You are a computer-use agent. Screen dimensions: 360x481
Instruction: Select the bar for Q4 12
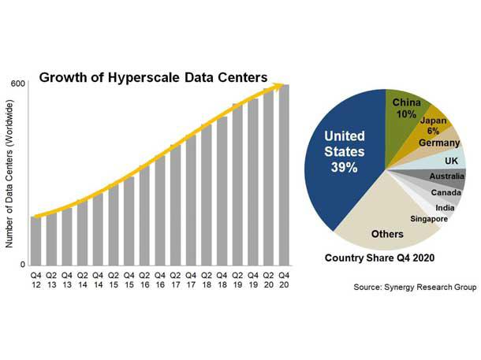click(x=37, y=240)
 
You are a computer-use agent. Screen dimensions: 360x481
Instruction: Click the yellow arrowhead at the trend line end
click(x=278, y=86)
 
